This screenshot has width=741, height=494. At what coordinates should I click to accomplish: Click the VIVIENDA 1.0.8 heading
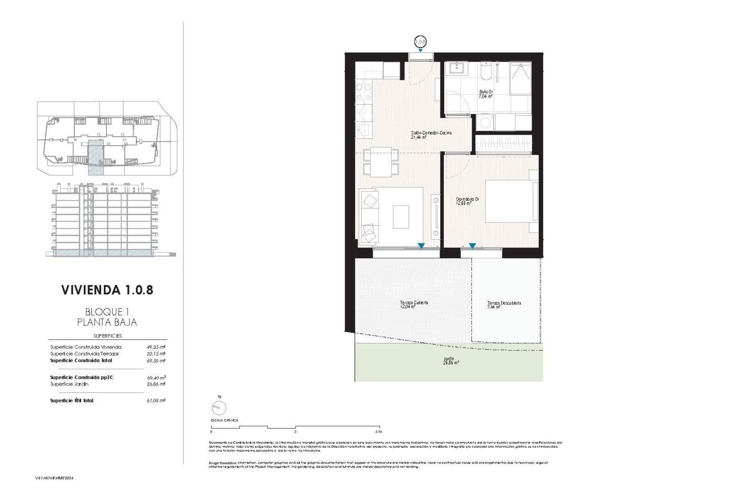107,290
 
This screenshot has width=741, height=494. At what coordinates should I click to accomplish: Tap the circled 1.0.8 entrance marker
420,42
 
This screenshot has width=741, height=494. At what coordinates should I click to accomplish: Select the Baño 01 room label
486,94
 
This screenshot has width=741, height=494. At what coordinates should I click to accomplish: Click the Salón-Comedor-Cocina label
431,135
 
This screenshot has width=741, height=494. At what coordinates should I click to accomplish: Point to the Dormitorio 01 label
467,201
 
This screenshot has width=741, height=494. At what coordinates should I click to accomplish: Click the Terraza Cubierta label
414,305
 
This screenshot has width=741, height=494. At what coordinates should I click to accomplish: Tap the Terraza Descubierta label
504,305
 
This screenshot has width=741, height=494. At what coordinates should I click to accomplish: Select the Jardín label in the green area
451,361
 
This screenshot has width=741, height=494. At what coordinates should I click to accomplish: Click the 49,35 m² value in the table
156,347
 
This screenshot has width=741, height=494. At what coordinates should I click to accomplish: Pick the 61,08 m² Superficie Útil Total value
156,401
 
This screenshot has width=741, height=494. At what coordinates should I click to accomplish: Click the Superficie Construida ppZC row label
81,377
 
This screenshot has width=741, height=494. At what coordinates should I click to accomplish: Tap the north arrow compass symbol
219,407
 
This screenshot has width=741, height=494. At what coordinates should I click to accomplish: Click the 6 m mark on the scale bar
378,431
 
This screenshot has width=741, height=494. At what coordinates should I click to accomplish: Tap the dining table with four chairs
381,162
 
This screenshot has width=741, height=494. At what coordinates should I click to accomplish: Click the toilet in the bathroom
486,71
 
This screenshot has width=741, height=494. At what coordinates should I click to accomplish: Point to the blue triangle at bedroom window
472,246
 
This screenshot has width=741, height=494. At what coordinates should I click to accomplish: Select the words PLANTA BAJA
107,322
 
